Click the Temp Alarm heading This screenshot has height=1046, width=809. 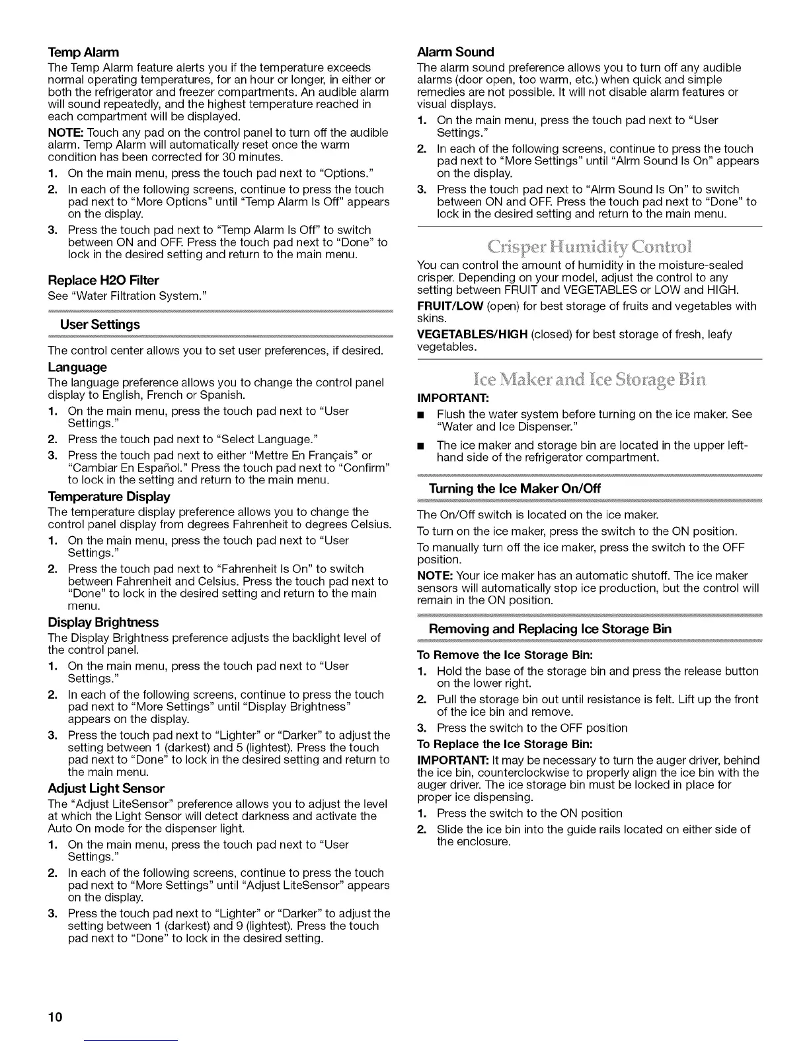point(83,52)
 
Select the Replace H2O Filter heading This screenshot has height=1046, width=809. point(103,281)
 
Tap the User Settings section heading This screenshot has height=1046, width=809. point(100,324)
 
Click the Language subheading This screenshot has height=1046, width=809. point(77,367)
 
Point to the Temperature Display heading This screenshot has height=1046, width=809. point(109,497)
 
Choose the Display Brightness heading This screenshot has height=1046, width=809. point(103,623)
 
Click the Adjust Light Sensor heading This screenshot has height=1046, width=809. point(106,788)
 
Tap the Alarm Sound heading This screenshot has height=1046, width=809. point(455,52)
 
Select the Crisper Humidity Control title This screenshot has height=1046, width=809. point(590,248)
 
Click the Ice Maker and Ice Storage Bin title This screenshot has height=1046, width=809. point(590,380)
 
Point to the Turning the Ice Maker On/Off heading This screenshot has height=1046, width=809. point(515,489)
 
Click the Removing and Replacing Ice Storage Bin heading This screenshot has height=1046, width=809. point(550,629)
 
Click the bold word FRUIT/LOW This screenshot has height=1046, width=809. point(450,306)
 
